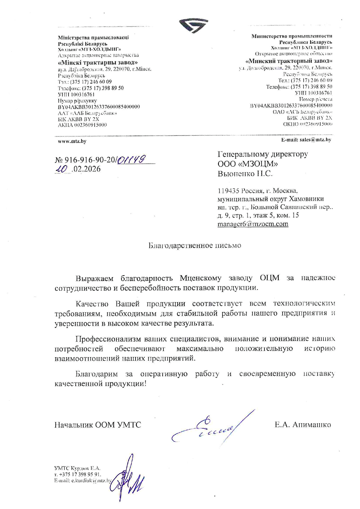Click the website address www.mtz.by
pyautogui.click(x=72, y=142)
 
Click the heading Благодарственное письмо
pyautogui.click(x=195, y=246)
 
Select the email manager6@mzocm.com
pyautogui.click(x=253, y=224)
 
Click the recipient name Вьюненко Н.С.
pyautogui.click(x=245, y=174)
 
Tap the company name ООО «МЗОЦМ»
pyautogui.click(x=248, y=164)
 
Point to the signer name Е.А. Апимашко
pyautogui.click(x=303, y=425)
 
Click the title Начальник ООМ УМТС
pyautogui.click(x=98, y=425)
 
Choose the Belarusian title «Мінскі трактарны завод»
pyautogui.click(x=98, y=63)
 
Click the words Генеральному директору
pyautogui.click(x=262, y=154)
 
